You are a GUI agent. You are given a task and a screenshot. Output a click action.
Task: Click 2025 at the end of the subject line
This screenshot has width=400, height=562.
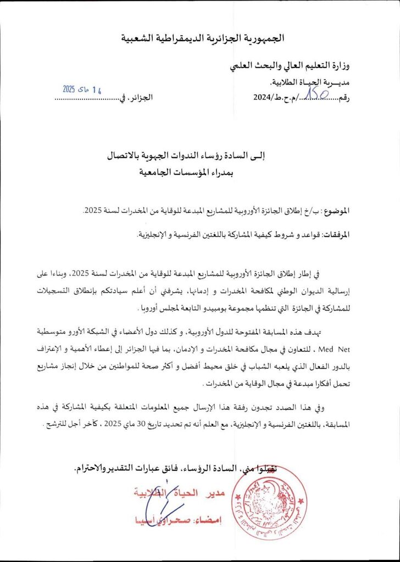point(93,211)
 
